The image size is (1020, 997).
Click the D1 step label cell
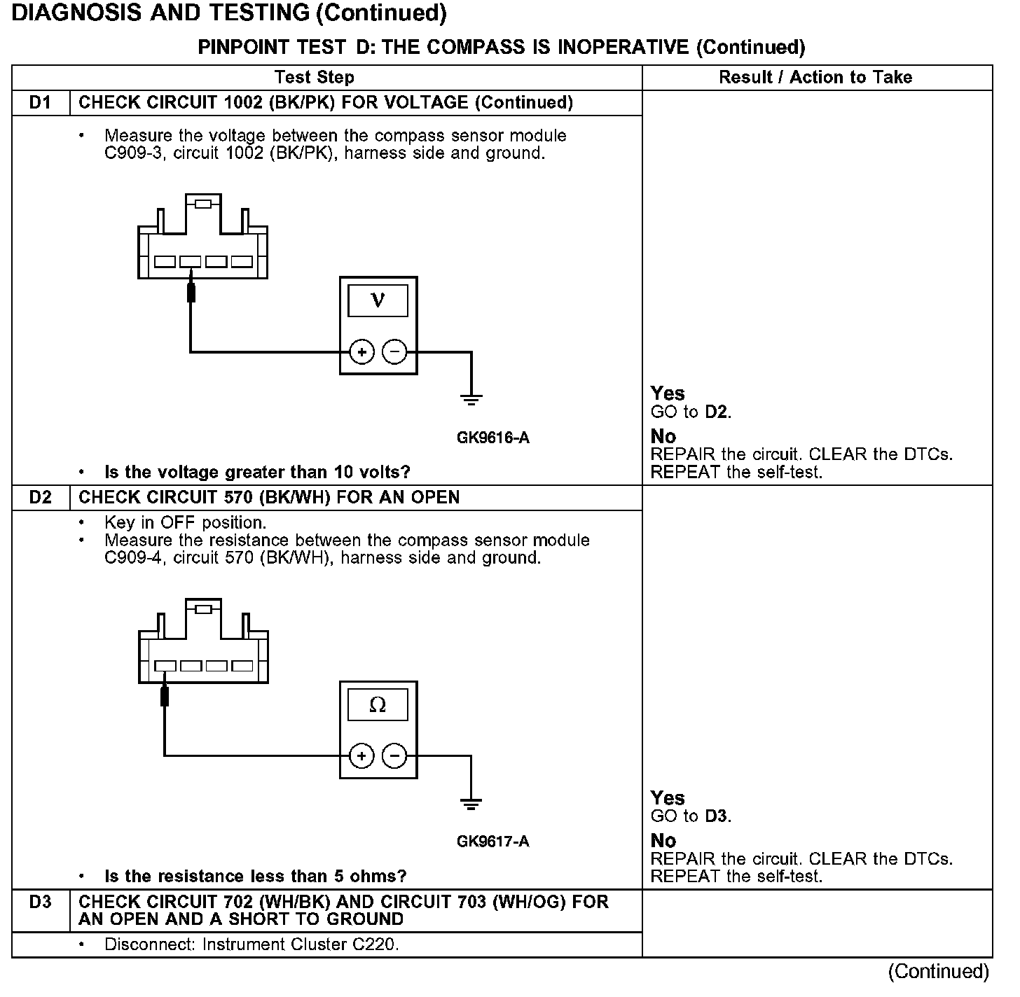(41, 103)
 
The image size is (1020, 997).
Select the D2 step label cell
(41, 498)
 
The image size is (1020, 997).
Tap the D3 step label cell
(41, 902)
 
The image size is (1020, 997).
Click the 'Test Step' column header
(315, 78)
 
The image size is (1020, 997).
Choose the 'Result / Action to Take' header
(815, 78)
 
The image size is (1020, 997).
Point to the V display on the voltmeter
(378, 300)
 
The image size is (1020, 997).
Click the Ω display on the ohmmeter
(378, 705)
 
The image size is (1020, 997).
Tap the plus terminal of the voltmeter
(361, 351)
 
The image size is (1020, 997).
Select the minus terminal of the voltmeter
(395, 351)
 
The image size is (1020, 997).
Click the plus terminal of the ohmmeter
(361, 756)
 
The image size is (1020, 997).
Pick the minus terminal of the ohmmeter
(395, 756)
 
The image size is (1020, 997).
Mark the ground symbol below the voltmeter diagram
(471, 400)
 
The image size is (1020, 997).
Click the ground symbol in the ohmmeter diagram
(471, 804)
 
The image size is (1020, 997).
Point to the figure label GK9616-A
(493, 438)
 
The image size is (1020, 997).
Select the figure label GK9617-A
(493, 842)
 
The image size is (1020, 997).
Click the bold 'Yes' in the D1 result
(668, 393)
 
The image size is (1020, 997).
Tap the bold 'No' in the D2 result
(663, 841)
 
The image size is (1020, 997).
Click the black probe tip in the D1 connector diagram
(191, 292)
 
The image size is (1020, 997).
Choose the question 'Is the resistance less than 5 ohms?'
(255, 877)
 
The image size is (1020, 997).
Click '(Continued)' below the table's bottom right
(939, 972)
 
